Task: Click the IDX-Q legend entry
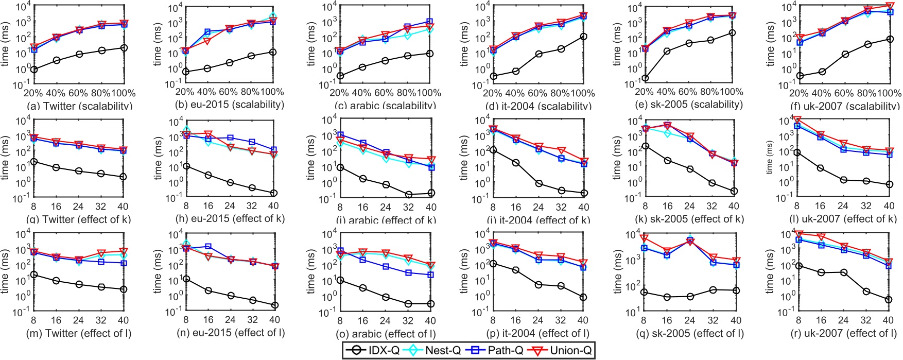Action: (x=376, y=351)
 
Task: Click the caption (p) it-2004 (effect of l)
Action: (x=538, y=333)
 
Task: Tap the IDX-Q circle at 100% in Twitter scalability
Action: (x=124, y=48)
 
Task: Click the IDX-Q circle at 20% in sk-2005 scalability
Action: (x=645, y=79)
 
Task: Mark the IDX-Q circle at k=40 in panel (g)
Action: (x=123, y=177)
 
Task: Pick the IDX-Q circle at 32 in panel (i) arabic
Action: (x=409, y=195)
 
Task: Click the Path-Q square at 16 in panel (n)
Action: (x=208, y=247)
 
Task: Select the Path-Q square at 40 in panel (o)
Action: (x=431, y=275)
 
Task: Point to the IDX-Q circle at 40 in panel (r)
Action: (x=889, y=300)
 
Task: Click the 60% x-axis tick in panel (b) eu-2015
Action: (x=229, y=92)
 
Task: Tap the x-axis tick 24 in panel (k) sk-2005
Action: (x=689, y=206)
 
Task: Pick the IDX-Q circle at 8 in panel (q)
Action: (x=645, y=292)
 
